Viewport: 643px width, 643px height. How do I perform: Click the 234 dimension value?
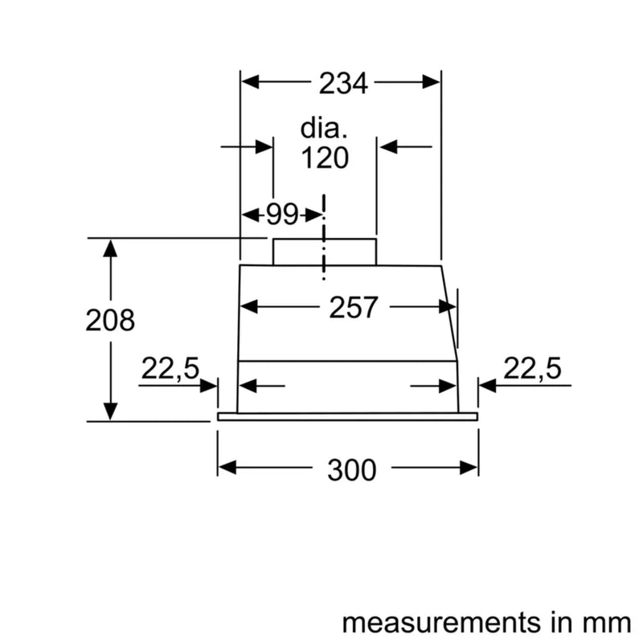[342, 82]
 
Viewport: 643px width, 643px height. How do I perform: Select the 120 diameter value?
[326, 158]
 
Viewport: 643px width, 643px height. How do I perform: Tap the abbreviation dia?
[325, 129]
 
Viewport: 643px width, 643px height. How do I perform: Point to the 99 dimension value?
[281, 215]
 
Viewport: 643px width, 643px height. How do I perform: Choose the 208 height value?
[110, 320]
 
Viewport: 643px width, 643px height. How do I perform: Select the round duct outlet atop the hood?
[325, 252]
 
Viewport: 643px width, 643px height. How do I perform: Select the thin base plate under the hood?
[347, 417]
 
